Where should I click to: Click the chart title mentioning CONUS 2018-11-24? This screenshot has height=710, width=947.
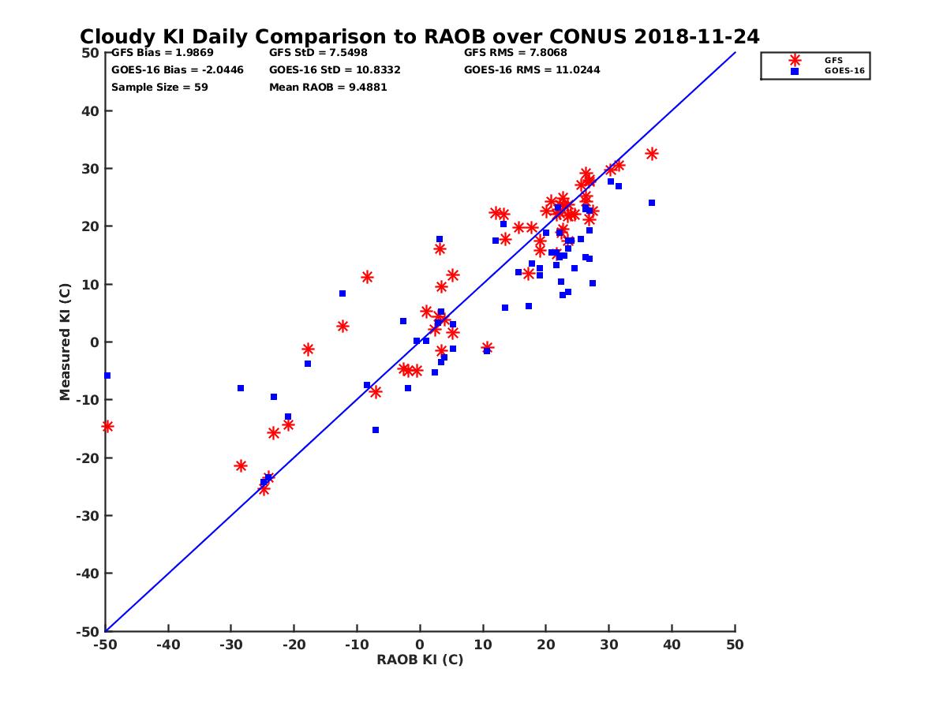click(x=419, y=36)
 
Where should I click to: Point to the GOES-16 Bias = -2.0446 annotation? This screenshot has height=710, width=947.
click(x=178, y=69)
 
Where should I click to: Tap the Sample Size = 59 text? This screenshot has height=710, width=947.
click(x=159, y=87)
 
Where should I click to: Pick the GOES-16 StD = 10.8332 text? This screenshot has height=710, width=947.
click(x=335, y=69)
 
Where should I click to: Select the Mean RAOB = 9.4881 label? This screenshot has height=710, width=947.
click(x=328, y=87)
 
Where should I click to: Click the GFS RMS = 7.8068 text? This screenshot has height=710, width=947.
click(x=515, y=53)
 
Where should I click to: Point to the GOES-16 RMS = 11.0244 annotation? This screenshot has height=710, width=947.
click(x=532, y=69)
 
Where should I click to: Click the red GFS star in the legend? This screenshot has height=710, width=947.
click(x=795, y=60)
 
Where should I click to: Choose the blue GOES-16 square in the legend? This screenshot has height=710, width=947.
click(x=795, y=71)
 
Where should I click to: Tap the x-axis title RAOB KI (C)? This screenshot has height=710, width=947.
click(x=420, y=660)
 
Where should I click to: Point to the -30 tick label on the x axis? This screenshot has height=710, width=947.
click(x=230, y=645)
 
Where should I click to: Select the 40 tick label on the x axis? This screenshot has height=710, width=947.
click(x=672, y=645)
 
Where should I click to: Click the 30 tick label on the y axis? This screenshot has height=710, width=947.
click(x=91, y=169)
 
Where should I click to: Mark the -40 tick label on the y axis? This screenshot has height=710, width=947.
click(x=88, y=574)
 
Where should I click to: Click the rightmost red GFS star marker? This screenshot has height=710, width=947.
click(x=652, y=154)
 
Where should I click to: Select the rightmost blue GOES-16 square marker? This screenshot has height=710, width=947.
click(x=652, y=203)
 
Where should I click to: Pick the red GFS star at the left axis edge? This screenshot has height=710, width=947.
click(x=107, y=427)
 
